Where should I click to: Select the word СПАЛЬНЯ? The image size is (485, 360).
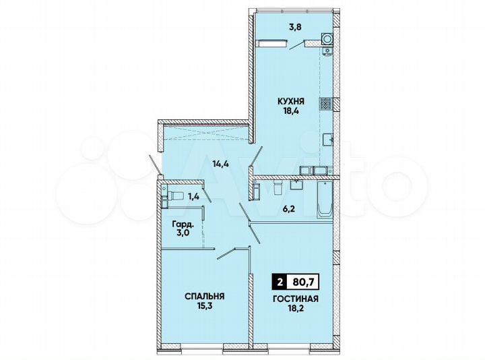(x=204, y=295)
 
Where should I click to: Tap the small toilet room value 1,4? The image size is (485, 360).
(x=193, y=197)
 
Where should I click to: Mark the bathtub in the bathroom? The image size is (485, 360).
(x=324, y=199)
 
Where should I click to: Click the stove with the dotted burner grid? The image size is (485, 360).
(x=326, y=104)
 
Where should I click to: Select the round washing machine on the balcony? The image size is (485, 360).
(x=327, y=39)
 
